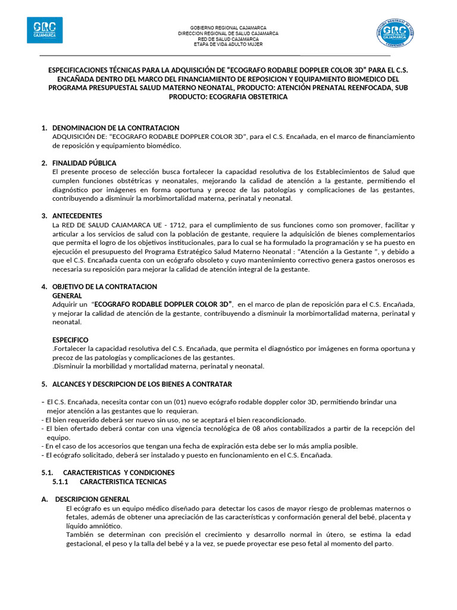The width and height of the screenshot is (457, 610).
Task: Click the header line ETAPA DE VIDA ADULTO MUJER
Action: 228,44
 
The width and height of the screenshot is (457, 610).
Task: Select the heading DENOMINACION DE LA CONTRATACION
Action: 116,128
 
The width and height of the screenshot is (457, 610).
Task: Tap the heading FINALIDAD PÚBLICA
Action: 84,163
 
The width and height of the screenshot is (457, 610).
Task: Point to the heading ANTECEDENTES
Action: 77,216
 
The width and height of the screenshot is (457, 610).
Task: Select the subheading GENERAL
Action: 67,295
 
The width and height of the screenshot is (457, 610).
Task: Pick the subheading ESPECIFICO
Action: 70,340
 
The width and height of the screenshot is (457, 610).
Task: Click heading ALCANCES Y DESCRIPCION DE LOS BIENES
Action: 142,384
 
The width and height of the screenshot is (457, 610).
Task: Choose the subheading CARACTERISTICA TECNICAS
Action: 123,481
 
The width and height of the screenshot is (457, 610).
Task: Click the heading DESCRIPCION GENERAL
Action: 92,499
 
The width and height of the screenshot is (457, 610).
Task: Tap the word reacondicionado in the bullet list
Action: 277,419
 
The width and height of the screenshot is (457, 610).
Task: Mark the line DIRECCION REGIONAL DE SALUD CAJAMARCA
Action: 228,33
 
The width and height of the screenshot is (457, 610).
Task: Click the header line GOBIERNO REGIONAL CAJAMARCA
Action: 228,28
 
